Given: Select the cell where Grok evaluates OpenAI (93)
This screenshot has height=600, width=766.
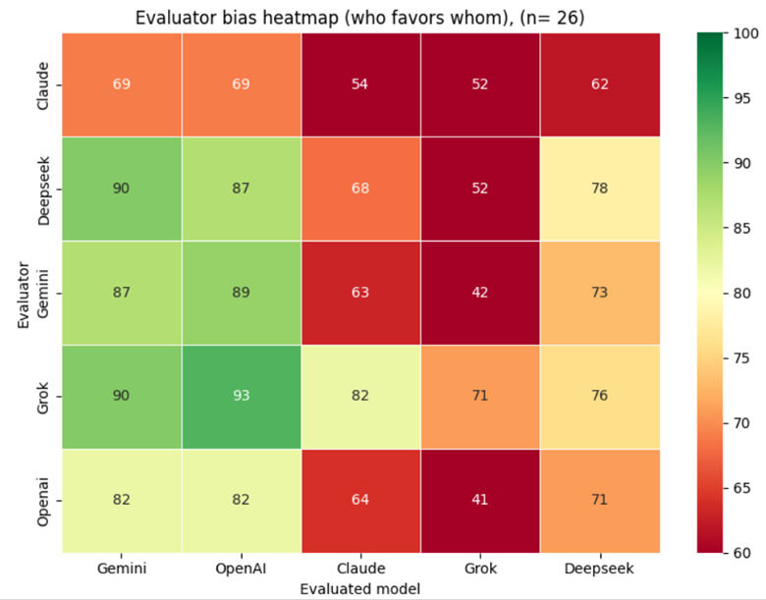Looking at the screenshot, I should pos(242,396).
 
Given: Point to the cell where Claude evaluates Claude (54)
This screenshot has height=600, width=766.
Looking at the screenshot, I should pos(361,84).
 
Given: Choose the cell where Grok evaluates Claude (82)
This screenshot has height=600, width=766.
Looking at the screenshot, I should pos(361,396).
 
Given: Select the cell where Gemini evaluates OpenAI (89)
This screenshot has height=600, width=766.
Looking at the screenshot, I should pos(242,292).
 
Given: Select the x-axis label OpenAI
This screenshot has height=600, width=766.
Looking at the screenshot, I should pos(242,569).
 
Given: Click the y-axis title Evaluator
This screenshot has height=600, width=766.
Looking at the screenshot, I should pos(23,292).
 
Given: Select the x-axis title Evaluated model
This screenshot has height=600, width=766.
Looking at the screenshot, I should pos(360,588).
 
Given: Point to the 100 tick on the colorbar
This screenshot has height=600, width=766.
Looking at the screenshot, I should pos(742,33).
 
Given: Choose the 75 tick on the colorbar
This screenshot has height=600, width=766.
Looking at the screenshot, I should pos(739,358).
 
